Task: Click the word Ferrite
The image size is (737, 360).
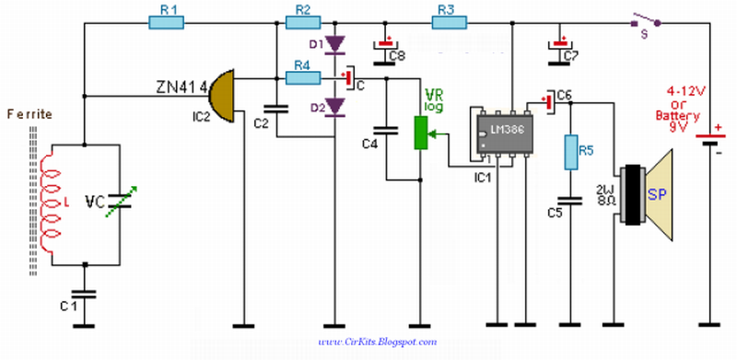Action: coord(29,114)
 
